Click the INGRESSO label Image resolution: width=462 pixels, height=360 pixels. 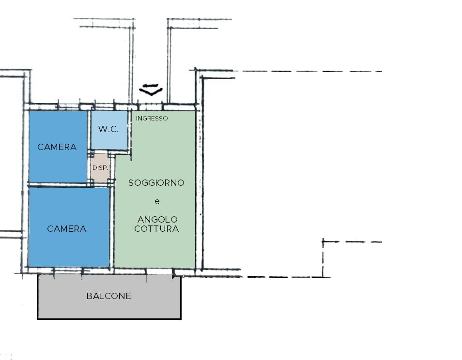coord(152,119)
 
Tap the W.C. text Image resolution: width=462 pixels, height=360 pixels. coord(108,129)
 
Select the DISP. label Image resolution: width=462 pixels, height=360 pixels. coord(100,168)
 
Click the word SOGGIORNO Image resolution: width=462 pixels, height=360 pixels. coord(156,183)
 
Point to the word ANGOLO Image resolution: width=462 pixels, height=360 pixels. coord(157,219)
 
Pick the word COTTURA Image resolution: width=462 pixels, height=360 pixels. coord(156,229)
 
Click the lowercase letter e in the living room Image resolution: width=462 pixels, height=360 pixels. coord(157,201)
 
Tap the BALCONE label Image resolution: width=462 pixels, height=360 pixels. coord(109,296)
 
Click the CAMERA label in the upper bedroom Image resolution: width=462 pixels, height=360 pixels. coord(57,147)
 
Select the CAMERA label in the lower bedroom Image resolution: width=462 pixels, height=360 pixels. coord(67,229)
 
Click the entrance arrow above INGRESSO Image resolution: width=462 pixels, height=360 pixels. coord(151,90)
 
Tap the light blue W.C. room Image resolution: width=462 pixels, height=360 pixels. coord(109,130)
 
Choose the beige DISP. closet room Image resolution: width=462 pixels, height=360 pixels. coord(100,168)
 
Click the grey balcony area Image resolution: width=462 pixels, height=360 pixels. coord(109,297)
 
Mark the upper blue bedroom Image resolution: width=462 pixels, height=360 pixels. coord(58,147)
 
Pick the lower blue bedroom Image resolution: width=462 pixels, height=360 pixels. coord(69,227)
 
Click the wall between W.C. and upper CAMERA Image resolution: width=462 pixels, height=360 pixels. coord(89,131)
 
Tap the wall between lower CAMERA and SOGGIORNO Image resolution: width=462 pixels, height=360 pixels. coord(112,226)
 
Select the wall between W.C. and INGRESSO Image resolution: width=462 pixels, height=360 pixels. coord(130,131)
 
